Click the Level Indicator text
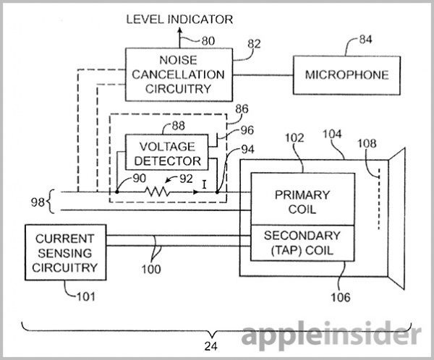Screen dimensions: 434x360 click(179, 20)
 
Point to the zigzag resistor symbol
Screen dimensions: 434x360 click(158, 192)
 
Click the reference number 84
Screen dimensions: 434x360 click(365, 40)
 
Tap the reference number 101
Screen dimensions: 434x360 click(85, 296)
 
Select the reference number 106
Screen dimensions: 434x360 click(341, 297)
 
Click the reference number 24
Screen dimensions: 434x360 click(211, 346)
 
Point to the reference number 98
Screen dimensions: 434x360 click(38, 202)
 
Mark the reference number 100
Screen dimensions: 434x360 click(151, 269)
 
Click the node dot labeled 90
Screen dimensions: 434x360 click(116, 192)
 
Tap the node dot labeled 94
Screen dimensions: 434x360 click(217, 192)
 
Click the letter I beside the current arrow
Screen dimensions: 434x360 click(204, 184)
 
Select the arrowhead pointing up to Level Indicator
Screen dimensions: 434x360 click(179, 30)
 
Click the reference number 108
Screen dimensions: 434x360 click(367, 143)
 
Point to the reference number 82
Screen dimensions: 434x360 click(254, 44)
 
